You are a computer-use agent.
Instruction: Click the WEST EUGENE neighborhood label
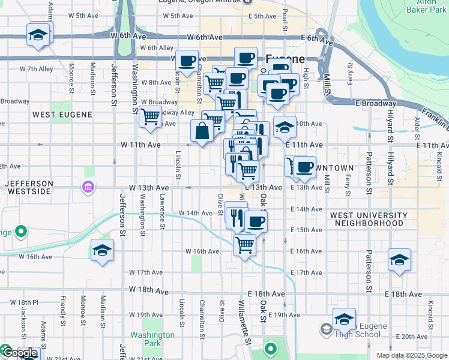click(x=62, y=115)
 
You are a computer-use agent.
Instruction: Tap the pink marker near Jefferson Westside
click(x=88, y=188)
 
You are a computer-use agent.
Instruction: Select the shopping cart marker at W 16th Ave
click(x=244, y=244)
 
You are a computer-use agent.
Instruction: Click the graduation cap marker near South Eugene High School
click(x=344, y=319)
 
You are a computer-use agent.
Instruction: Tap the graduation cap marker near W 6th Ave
click(x=38, y=34)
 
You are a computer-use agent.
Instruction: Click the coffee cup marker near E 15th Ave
click(x=256, y=221)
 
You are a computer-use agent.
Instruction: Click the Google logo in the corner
click(x=20, y=353)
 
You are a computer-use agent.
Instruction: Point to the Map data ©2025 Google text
click(x=411, y=355)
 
